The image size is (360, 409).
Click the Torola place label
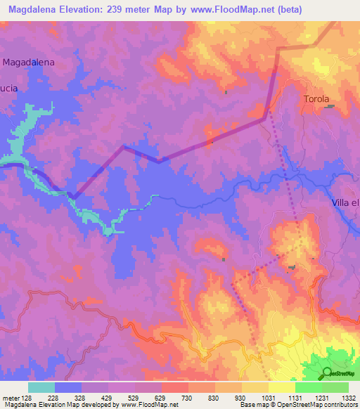316,99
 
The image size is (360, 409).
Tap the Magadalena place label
29,62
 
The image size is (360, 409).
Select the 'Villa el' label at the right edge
345,203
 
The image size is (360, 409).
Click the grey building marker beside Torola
329,108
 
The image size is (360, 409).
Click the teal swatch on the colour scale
41,387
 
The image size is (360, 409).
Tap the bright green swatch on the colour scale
309,387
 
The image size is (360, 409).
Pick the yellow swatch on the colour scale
282,387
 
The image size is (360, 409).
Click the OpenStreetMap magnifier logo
326,373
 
